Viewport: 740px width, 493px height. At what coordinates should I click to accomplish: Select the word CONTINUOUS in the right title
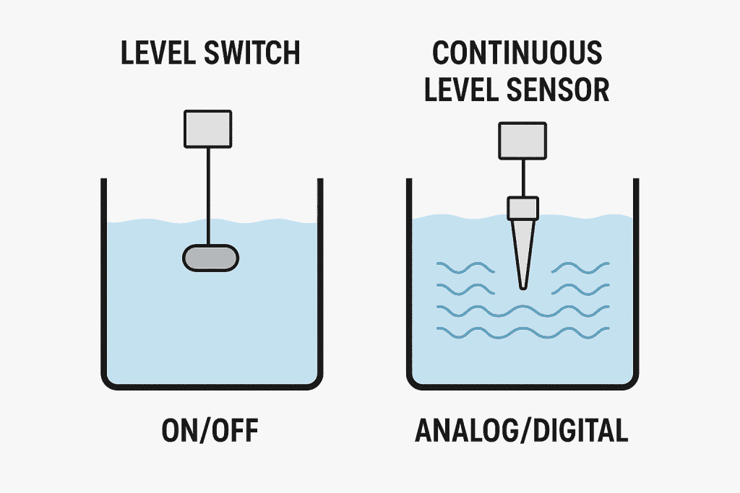517,54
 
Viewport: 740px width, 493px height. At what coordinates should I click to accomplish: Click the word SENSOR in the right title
568,90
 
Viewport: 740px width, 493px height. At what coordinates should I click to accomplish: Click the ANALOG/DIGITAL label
521,431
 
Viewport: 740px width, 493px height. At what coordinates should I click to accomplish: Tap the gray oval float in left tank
210,257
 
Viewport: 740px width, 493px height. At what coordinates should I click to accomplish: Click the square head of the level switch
208,128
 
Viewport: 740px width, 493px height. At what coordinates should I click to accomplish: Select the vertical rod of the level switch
209,195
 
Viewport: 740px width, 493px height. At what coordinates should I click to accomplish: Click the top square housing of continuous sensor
522,139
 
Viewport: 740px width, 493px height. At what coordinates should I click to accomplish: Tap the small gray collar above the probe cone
522,208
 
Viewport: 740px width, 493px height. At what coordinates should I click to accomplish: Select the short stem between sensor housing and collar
522,177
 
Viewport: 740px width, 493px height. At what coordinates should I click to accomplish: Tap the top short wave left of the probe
466,269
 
